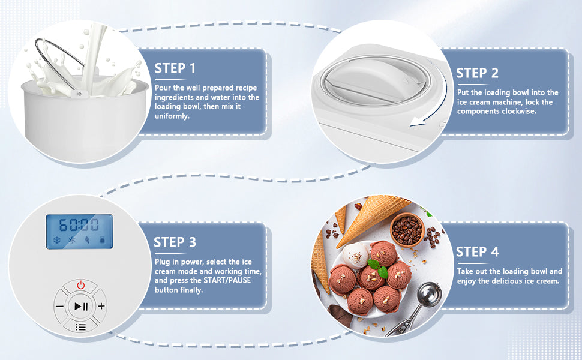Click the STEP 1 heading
tap(175, 68)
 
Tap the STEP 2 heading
tap(477, 73)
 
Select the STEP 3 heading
tap(175, 242)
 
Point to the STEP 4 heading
tap(478, 251)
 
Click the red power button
tap(80, 286)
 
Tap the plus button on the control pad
tap(101, 306)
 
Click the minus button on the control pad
tap(59, 307)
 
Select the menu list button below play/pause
tap(80, 327)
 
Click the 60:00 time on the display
tap(79, 225)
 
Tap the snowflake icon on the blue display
tap(57, 241)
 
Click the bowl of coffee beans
tap(407, 229)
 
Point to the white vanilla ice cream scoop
tap(356, 255)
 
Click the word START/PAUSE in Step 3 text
tap(227, 281)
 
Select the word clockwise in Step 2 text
tap(519, 112)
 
